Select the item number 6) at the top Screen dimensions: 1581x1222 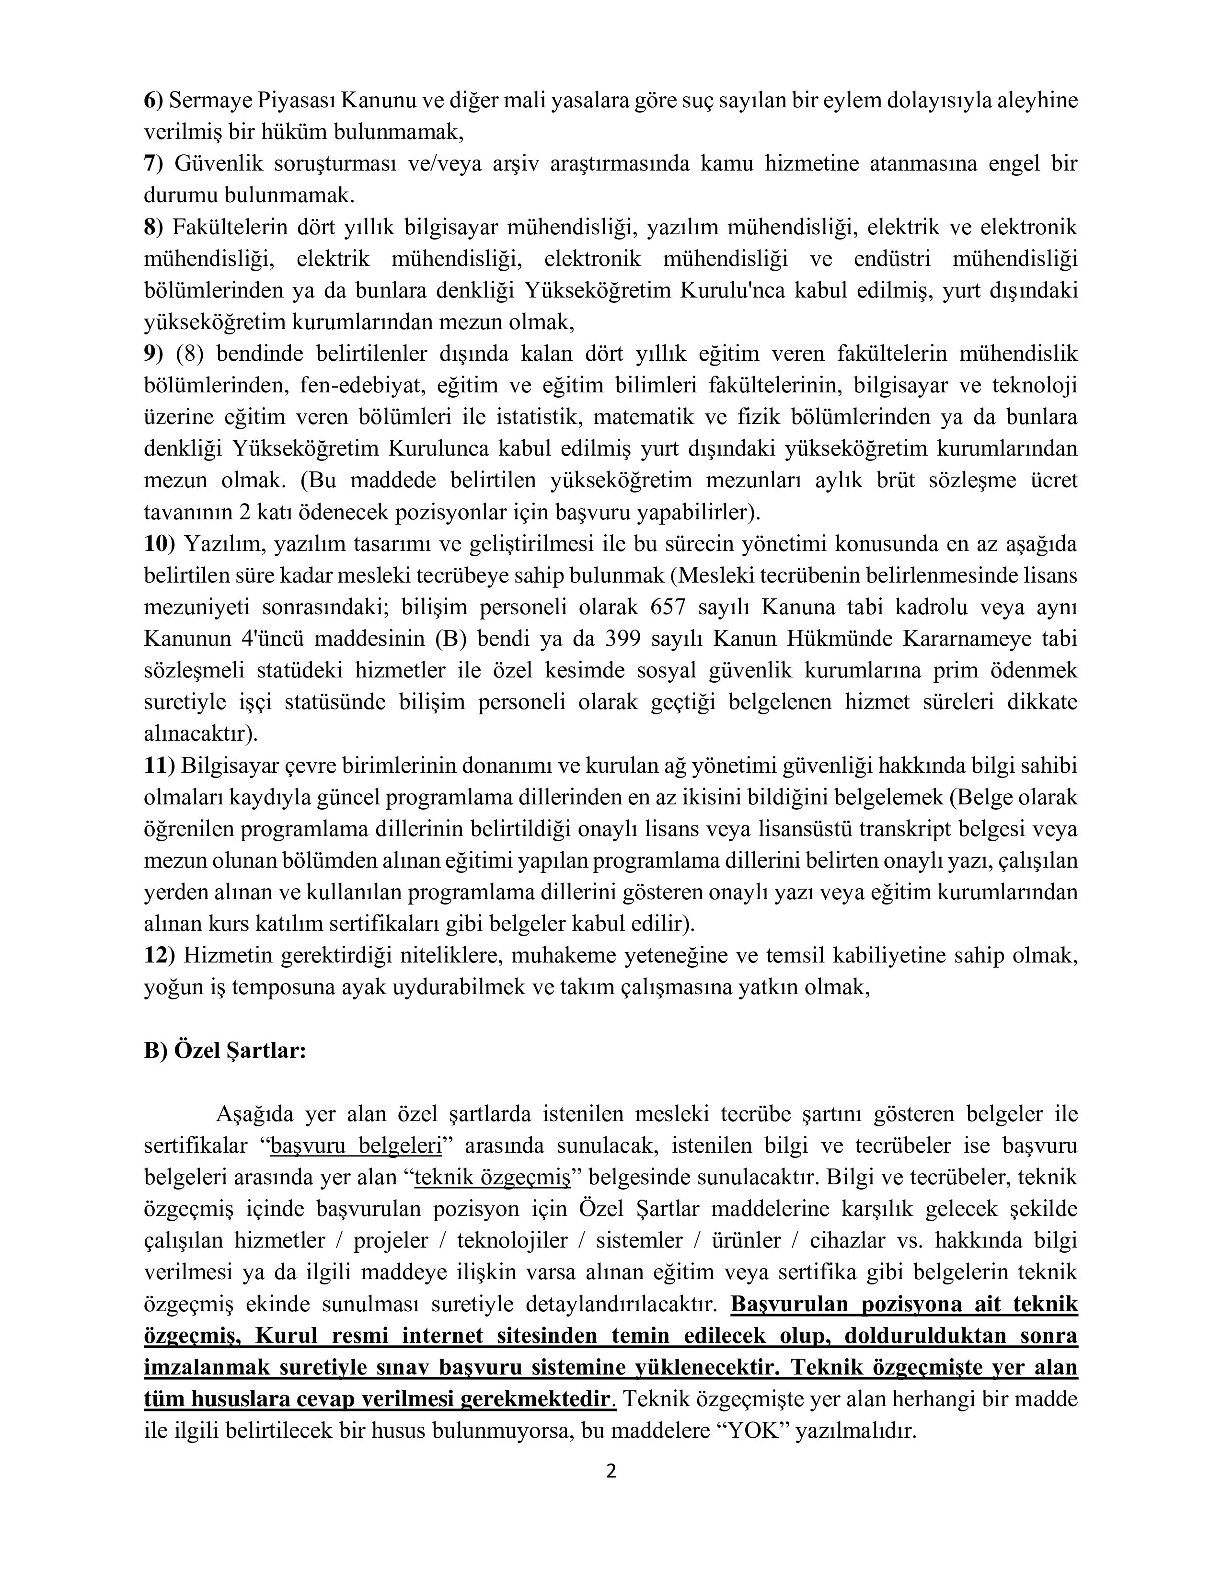coord(153,101)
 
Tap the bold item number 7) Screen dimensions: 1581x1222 coord(153,163)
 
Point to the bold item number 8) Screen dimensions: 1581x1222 coord(153,227)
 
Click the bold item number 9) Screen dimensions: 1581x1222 coord(153,354)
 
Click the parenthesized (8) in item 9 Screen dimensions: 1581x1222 coord(191,354)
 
